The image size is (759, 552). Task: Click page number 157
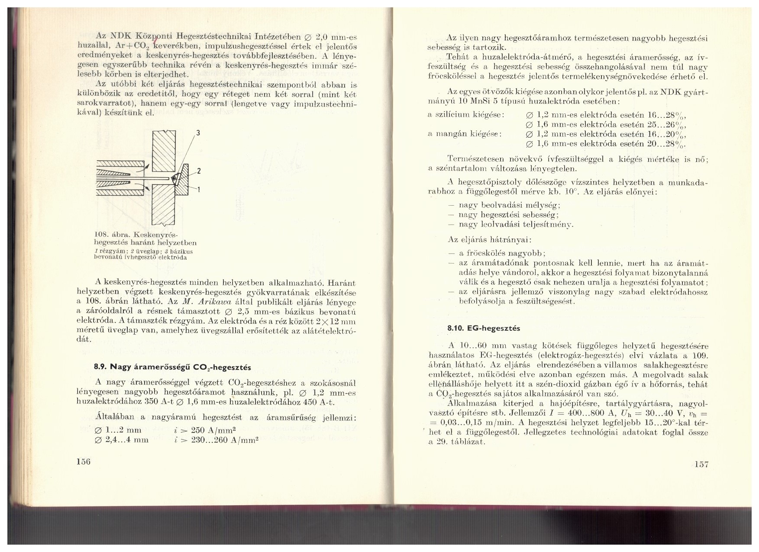pos(701,465)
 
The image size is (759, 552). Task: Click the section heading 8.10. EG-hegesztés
pos(484,328)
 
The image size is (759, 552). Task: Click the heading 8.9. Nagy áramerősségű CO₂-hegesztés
pos(172,367)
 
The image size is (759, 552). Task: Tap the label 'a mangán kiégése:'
pos(465,134)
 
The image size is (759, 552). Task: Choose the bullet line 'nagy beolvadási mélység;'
pos(509,205)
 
